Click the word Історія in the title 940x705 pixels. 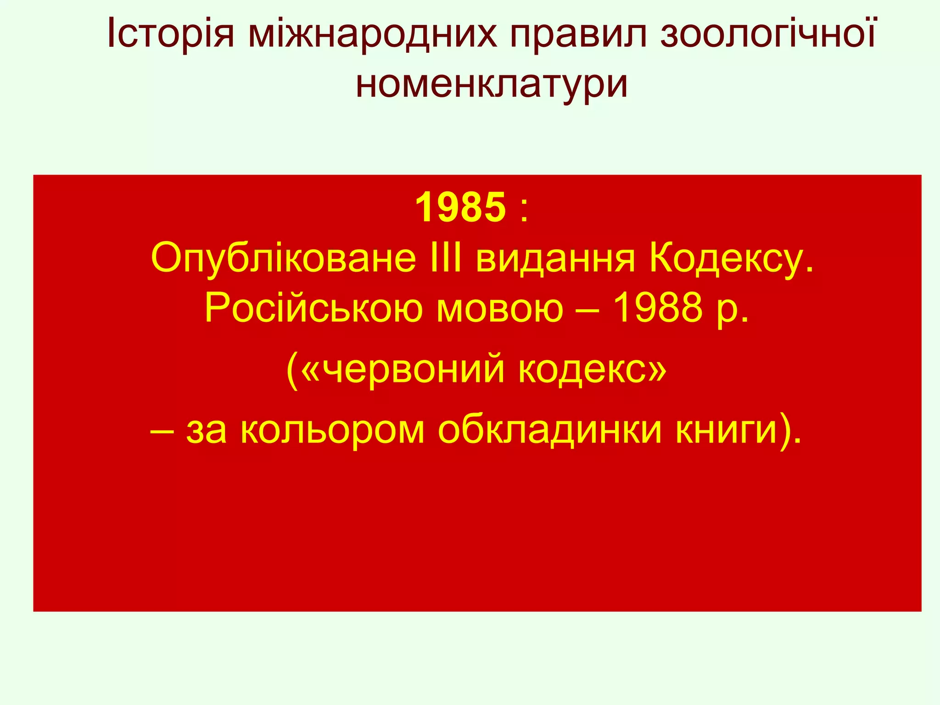(x=170, y=34)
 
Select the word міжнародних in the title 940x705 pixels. (x=372, y=34)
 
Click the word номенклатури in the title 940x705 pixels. (x=492, y=85)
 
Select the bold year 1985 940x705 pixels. (x=460, y=207)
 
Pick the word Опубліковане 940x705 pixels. (x=283, y=258)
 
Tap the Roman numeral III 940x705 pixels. (x=446, y=258)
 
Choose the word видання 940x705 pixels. (x=555, y=258)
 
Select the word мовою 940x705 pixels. (x=499, y=308)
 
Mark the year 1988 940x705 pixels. (x=657, y=308)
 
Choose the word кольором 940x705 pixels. (x=333, y=431)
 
